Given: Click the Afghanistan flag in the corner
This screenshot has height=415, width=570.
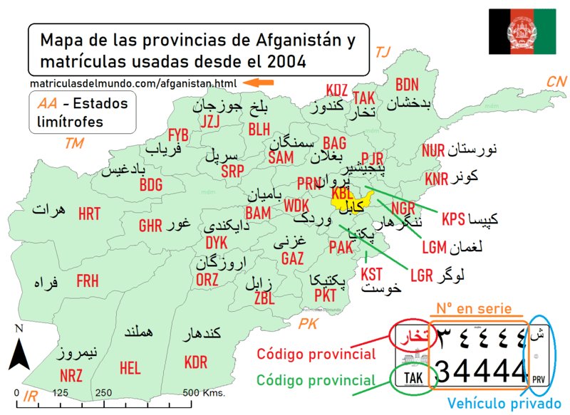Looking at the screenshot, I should coord(522,32).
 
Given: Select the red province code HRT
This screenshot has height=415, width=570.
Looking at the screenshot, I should coord(89,214).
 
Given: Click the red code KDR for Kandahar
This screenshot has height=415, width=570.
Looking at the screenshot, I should coord(195,363).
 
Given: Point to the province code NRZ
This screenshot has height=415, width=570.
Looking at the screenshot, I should coord(71,375).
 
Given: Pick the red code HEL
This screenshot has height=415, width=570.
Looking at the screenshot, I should coord(130,368).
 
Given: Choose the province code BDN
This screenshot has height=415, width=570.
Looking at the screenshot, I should coord(407,85).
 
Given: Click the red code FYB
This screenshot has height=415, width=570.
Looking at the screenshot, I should coord(178,135).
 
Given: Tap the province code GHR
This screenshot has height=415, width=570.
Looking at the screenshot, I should coord(150,226).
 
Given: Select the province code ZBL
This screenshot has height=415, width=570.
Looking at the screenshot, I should coord(264,298).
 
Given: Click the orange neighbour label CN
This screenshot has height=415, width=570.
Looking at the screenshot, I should coord(556,82).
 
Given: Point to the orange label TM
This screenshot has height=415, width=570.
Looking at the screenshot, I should coord(73,143).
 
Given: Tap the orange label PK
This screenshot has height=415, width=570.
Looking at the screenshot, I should coord(309,325).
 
